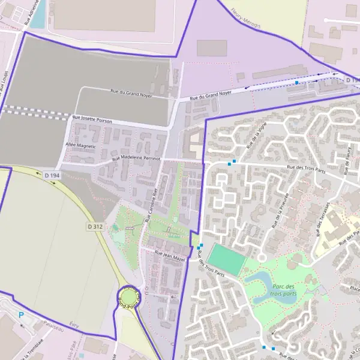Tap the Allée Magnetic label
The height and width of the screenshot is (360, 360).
coord(81,145)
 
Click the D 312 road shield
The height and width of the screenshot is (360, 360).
coord(95,227)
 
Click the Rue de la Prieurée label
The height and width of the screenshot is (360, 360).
coord(280,210)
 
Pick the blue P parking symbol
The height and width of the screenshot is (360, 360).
coord(21,315)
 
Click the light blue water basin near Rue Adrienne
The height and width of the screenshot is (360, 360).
coord(37,16)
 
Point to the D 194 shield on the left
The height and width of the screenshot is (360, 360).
coord(52,175)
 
